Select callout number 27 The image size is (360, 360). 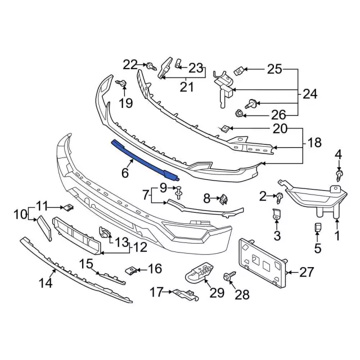point(307,273)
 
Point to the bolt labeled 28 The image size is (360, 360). point(228,277)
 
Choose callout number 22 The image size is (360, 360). point(130,65)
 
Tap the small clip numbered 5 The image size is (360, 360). point(317,228)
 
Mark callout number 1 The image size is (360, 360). point(337,237)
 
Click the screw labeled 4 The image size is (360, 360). point(339,175)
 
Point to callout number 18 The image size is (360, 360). point(315,143)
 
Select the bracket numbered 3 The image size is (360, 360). point(277,215)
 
